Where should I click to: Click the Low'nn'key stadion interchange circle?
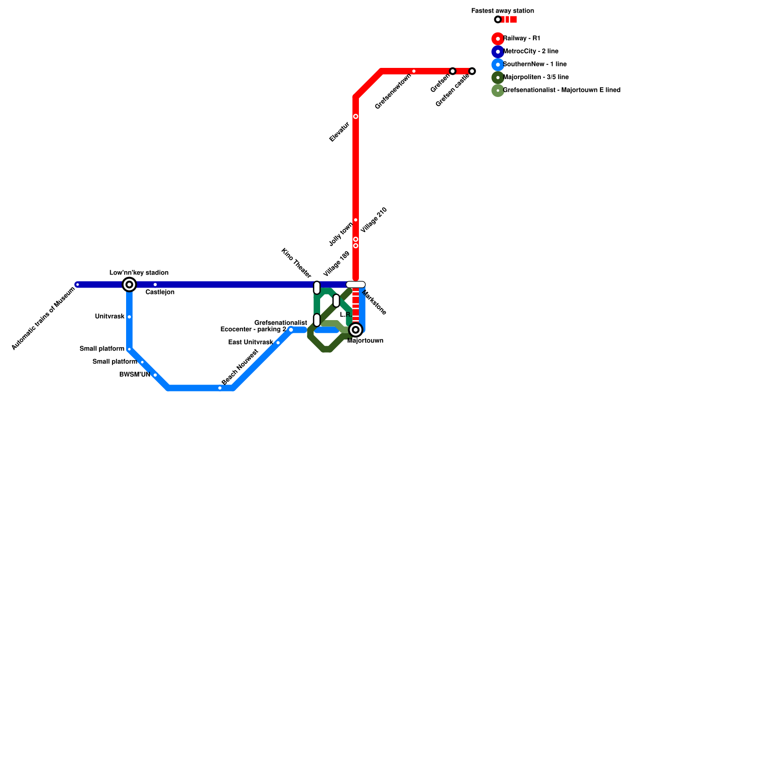tap(129, 285)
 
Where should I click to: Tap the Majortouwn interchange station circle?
tap(356, 330)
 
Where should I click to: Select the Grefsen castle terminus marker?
tap(472, 71)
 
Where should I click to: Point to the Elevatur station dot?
tap(356, 116)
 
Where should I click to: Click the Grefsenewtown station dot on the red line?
tap(414, 71)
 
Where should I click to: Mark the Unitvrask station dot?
tap(129, 317)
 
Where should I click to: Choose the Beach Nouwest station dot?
tap(220, 388)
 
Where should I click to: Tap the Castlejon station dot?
tap(155, 285)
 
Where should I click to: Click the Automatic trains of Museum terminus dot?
tap(78, 285)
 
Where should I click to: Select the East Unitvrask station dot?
tap(278, 343)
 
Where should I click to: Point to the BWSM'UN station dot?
tap(155, 375)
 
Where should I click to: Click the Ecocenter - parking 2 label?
tap(253, 329)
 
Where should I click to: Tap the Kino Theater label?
tap(296, 263)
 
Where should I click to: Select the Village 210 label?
tap(374, 220)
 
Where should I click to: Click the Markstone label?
tap(374, 303)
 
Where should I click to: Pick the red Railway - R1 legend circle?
tap(498, 39)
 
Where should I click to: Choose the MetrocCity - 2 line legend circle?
tap(498, 51)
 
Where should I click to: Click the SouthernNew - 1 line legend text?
tap(534, 65)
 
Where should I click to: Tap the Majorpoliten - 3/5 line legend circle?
tap(498, 78)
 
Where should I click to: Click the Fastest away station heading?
tap(502, 11)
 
